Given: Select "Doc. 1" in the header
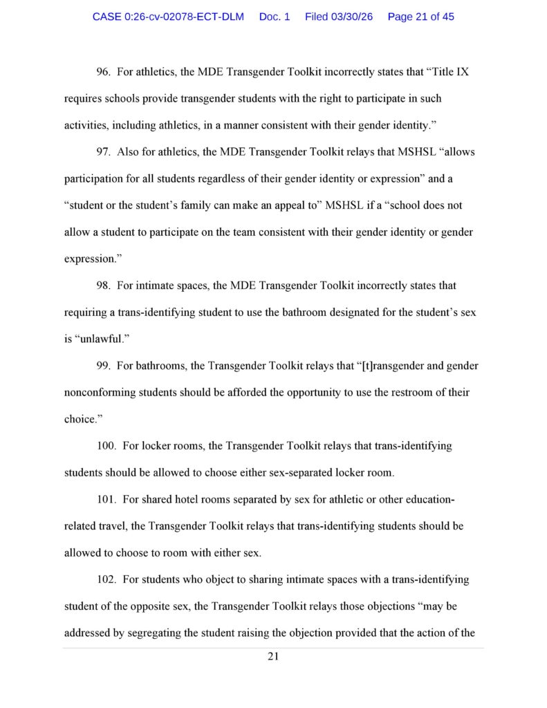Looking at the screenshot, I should (275, 17).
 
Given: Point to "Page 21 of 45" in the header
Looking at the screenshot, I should (421, 17).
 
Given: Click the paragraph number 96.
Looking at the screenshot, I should (104, 72).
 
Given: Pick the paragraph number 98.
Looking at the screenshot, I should (104, 285).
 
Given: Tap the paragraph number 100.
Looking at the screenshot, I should (106, 446).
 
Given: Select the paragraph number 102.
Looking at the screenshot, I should (106, 579).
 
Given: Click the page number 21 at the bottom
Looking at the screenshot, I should (273, 657).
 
